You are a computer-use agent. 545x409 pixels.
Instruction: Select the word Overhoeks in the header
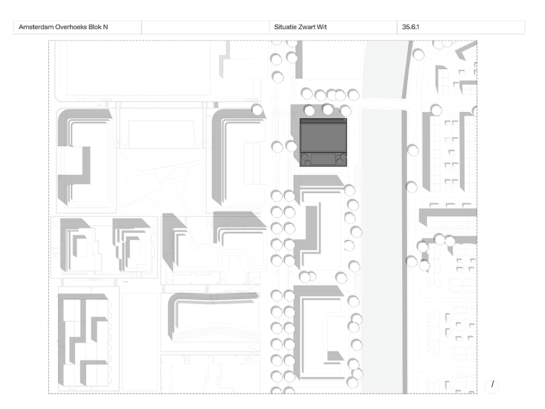pyautogui.click(x=73, y=27)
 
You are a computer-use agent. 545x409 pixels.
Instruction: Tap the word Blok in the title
pyautogui.click(x=98, y=27)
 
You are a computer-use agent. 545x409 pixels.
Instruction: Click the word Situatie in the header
pyautogui.click(x=286, y=27)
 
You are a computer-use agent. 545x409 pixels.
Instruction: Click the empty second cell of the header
pyautogui.click(x=205, y=27)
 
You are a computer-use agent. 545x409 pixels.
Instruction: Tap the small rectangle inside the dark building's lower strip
pyautogui.click(x=323, y=159)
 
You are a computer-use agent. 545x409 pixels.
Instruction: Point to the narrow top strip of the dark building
pyautogui.click(x=324, y=122)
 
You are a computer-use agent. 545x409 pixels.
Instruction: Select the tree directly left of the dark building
pyautogui.click(x=291, y=145)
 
